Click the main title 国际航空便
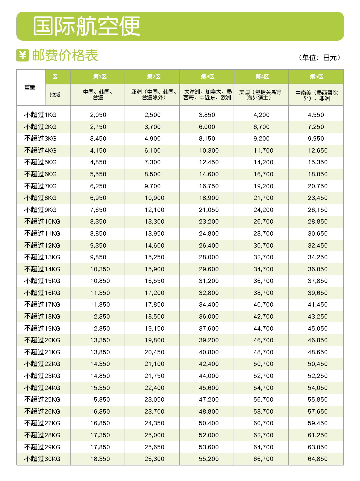coord(87,26)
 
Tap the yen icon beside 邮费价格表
coord(22,55)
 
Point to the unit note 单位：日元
coord(319,58)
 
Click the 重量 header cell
coord(30,87)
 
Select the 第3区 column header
coord(207,77)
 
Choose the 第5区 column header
coord(316,77)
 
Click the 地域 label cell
coord(55,95)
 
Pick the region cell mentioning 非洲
coord(316,95)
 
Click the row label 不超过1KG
coord(40,115)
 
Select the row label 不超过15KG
coord(42,281)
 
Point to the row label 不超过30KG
coord(42,459)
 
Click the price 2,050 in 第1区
coord(98,115)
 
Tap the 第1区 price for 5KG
coord(98,162)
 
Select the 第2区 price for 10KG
coord(154,222)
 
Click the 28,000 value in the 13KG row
coord(209,257)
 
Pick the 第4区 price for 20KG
coord(263,340)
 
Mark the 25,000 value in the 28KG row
coord(154,435)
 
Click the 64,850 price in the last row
coord(317,459)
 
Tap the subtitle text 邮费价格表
coord(65,55)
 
